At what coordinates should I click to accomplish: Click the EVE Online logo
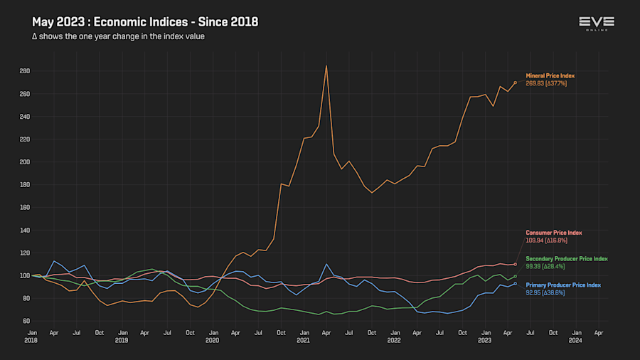click(x=597, y=23)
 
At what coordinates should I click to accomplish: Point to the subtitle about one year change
click(x=118, y=36)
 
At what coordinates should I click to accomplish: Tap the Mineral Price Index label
click(x=550, y=75)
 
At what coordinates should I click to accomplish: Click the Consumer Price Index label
click(x=553, y=233)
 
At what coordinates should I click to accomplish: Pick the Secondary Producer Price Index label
click(x=566, y=258)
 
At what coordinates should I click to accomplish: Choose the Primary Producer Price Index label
click(x=562, y=285)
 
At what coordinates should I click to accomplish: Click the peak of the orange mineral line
click(x=326, y=65)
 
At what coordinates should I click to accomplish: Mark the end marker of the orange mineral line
click(x=516, y=83)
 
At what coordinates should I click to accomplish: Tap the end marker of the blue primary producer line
click(x=516, y=284)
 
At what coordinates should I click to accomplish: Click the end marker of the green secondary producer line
click(x=516, y=276)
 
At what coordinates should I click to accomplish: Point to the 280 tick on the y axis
click(x=25, y=71)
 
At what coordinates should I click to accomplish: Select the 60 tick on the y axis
click(x=26, y=321)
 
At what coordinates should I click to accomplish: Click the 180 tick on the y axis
click(x=25, y=185)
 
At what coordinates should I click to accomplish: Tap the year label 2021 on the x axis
click(x=304, y=341)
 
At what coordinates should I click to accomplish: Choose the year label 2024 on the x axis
click(x=576, y=341)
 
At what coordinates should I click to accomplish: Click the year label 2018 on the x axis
click(x=32, y=341)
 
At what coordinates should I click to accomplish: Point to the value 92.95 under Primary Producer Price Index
click(x=534, y=292)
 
